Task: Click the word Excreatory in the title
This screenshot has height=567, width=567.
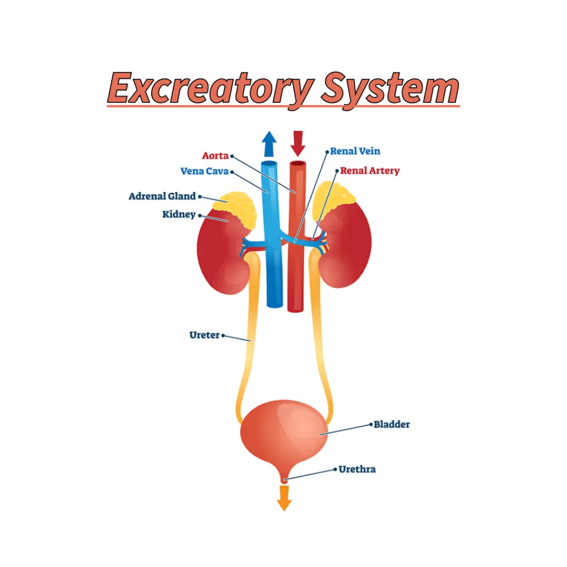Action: pyautogui.click(x=210, y=89)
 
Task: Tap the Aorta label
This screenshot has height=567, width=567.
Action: pyautogui.click(x=215, y=156)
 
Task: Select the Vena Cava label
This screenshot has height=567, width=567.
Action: pyautogui.click(x=205, y=171)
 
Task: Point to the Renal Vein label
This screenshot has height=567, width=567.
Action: pyautogui.click(x=355, y=151)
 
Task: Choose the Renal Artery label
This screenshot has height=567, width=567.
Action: pyautogui.click(x=370, y=171)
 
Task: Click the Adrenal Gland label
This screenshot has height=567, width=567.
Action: pyautogui.click(x=162, y=196)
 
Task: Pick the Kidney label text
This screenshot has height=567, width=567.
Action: pyautogui.click(x=179, y=214)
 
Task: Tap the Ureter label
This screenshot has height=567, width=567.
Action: pyautogui.click(x=205, y=335)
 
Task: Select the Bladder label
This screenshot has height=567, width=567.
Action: pyautogui.click(x=392, y=424)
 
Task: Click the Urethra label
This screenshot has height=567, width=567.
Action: pyautogui.click(x=357, y=470)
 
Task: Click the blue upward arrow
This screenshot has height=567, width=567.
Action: pyautogui.click(x=269, y=144)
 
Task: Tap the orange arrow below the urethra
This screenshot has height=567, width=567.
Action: pyautogui.click(x=284, y=498)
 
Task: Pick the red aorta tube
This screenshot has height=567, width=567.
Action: pyautogui.click(x=297, y=236)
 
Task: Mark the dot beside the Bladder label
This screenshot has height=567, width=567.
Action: pyautogui.click(x=370, y=424)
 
